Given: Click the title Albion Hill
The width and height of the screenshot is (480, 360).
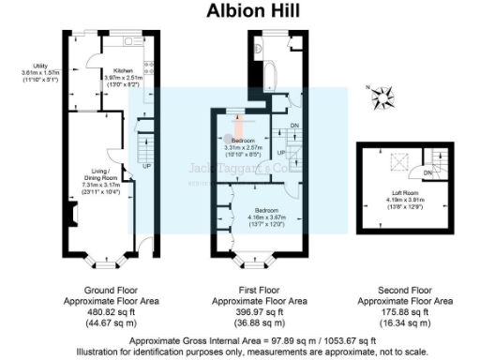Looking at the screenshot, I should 239,11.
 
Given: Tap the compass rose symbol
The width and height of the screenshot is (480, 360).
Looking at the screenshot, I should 382,95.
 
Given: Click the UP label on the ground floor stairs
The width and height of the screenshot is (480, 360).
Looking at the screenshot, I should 147,167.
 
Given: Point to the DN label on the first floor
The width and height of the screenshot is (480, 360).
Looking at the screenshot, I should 293,125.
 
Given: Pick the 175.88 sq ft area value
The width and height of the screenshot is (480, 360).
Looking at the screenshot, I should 405,311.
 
